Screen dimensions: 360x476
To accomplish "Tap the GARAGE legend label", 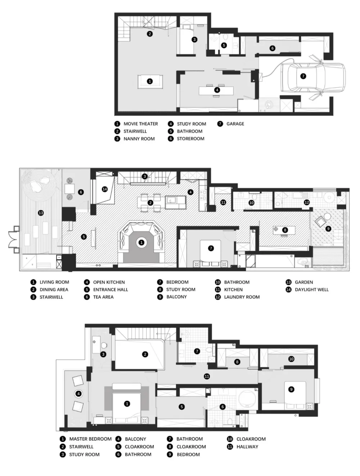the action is pos(235,124).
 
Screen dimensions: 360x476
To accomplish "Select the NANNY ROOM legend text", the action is pos(139,139).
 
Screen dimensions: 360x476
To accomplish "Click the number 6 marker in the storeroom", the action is pos(272,48).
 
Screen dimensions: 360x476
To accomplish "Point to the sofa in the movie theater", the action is pos(150,81).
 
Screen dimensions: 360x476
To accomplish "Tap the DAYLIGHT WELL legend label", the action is pos(311,289).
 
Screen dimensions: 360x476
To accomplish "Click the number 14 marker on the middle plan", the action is pos(105,189).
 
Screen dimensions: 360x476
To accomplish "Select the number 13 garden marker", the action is pos(41,213).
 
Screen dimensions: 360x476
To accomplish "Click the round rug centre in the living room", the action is pos(141,243).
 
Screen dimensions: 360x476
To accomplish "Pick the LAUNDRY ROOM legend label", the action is pos(242,297).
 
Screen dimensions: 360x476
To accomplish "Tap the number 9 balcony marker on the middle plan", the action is pos(328,228).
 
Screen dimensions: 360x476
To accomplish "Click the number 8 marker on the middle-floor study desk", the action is pos(285,230).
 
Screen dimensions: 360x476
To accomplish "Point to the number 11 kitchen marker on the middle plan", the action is pos(223,203).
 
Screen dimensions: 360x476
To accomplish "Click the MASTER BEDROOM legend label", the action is pos(90,439).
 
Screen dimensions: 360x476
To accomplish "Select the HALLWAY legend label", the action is pos(247,447).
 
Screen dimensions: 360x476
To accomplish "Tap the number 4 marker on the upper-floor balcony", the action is pos(78,393).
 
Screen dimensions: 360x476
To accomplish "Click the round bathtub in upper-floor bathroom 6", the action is pos(247,399).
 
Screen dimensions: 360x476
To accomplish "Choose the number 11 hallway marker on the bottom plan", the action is pos(207,376).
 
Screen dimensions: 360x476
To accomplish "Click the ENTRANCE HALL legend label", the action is pos(111,289).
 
